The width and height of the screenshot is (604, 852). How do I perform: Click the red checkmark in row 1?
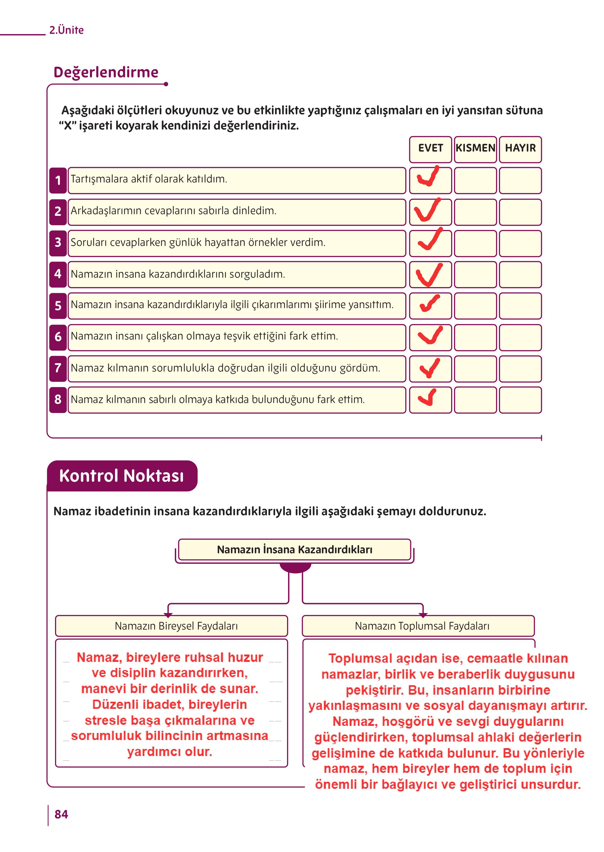(428, 177)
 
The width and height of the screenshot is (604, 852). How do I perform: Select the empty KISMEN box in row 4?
(475, 275)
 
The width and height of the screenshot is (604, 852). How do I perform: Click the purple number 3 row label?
(58, 243)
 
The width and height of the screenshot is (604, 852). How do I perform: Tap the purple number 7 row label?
(58, 368)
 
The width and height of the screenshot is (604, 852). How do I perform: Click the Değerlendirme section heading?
(106, 72)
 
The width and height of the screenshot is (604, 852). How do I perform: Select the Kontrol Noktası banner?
(122, 476)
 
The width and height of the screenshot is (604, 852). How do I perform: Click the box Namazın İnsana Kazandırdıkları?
(295, 550)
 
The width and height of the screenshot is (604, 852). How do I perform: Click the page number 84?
(61, 815)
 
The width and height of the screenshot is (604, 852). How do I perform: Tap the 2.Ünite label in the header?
(67, 30)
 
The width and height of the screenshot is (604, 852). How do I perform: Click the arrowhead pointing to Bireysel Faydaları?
(168, 615)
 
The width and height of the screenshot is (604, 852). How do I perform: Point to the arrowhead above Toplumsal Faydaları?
(423, 615)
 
